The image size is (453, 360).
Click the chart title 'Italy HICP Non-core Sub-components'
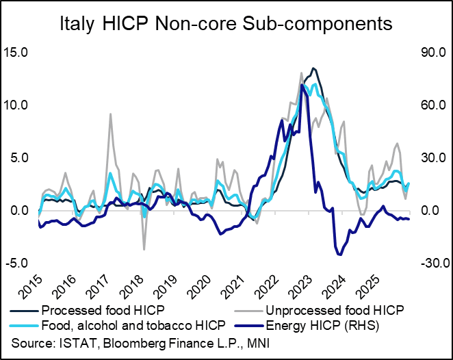coord(226,25)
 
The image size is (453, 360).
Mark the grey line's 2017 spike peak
coord(110,114)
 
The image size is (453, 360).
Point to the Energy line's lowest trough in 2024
coord(339,255)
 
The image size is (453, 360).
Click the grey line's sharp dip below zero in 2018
coord(144,248)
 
